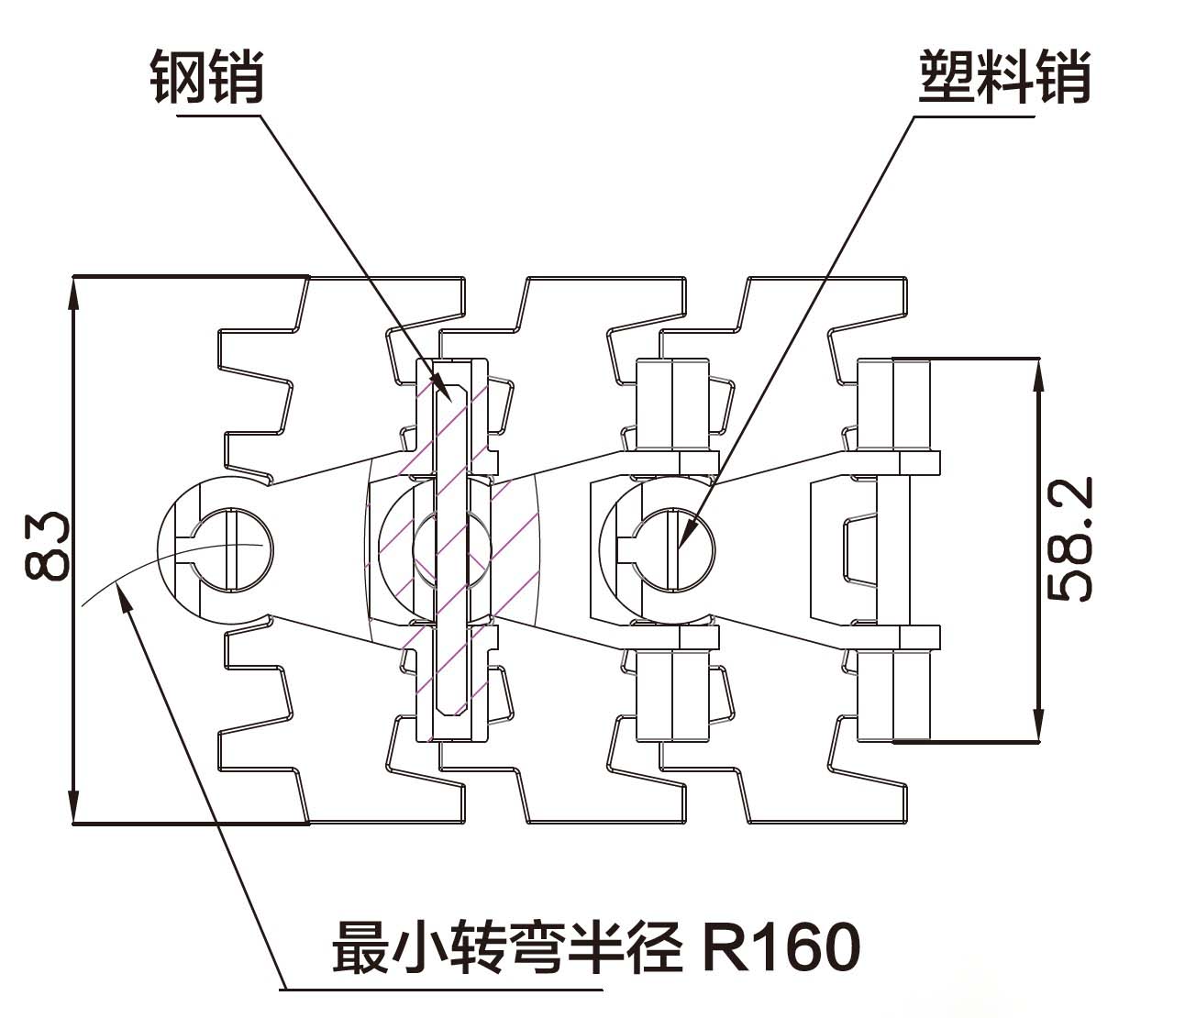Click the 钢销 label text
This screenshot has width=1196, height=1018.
(x=207, y=78)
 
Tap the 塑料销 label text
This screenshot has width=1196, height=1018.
(x=1004, y=78)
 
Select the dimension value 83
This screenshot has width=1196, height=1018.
(x=48, y=547)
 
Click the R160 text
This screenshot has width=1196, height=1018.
(x=781, y=947)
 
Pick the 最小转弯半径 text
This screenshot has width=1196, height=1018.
(x=507, y=947)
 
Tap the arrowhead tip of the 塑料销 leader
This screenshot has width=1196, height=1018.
(x=678, y=548)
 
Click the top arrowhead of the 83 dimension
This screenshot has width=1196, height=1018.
(x=73, y=278)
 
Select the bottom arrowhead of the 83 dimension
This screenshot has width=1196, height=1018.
(x=73, y=822)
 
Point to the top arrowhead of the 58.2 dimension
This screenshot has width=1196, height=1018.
(x=1039, y=360)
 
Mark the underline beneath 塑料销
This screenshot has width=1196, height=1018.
(x=974, y=116)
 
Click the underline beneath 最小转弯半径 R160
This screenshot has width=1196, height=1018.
(x=441, y=990)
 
